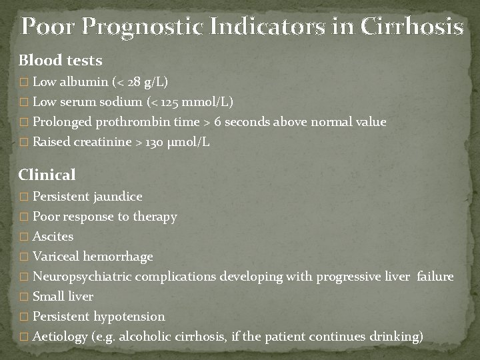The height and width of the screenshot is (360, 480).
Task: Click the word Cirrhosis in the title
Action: (411, 27)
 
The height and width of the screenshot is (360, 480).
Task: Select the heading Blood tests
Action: (61, 61)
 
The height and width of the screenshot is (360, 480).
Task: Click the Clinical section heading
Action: (47, 175)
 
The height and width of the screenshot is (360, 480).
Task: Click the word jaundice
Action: (118, 197)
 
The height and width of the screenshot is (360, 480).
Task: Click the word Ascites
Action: (53, 237)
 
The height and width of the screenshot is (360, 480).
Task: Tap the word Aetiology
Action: (60, 337)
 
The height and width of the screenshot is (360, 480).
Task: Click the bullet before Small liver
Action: (24, 297)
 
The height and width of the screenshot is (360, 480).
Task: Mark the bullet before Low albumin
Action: (24, 83)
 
